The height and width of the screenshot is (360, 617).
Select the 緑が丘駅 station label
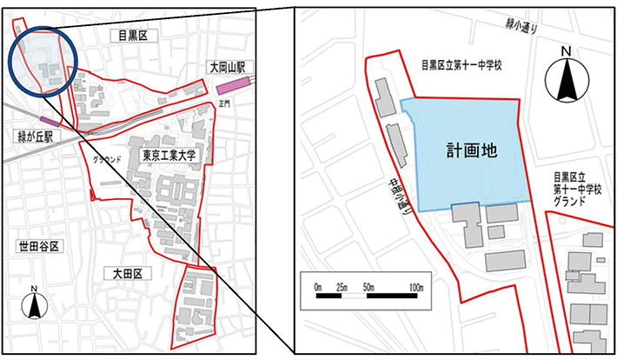point(30,137)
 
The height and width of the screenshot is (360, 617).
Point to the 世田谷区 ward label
point(37,247)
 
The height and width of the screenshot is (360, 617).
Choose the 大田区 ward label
point(133,273)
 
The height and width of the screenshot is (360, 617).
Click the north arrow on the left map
point(34,304)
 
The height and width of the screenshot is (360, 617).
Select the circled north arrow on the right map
point(567,75)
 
